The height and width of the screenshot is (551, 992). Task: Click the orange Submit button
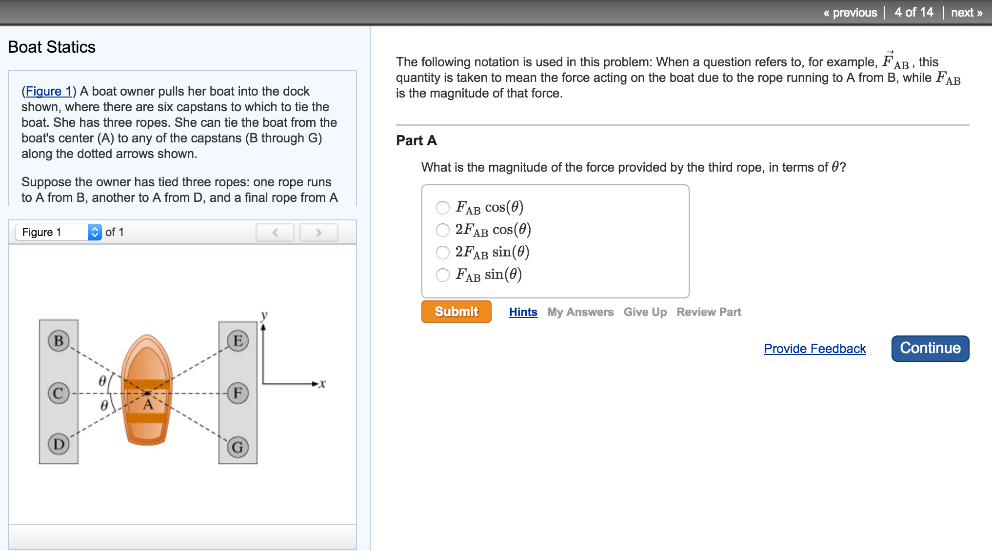456,312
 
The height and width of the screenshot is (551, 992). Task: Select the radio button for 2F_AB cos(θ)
443,230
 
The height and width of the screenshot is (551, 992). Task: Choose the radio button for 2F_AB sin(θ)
443,253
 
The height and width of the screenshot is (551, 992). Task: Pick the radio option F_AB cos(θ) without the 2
443,208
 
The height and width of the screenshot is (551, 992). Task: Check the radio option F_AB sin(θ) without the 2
443,275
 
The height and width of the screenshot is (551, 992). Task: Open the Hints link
523,312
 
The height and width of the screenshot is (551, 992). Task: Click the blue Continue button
930,348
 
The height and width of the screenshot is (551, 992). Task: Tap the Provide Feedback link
814,349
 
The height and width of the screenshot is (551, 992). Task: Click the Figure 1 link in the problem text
48,91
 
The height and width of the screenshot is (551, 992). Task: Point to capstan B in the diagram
59,340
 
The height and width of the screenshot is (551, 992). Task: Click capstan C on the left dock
59,393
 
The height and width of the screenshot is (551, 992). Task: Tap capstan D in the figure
59,444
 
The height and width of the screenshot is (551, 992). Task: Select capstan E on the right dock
238,340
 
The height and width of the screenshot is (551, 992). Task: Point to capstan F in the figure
238,393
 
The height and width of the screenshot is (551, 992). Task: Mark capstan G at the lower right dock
238,447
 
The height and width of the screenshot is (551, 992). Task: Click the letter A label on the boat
148,405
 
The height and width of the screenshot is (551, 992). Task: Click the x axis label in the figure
322,384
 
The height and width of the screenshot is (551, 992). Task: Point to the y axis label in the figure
264,315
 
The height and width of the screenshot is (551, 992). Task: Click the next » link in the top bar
966,13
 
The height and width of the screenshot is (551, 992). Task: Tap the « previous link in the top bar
850,13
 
